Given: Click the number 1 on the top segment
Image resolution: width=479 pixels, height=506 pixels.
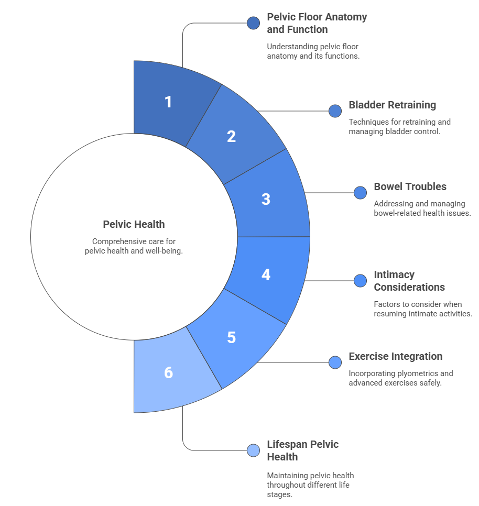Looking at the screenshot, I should tap(168, 102).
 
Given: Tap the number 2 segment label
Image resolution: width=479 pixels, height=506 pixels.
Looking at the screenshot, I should tap(231, 136).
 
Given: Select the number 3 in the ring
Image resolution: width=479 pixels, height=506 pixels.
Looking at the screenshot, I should tap(266, 199).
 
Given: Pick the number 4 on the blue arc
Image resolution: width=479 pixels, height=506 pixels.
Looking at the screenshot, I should tap(266, 274).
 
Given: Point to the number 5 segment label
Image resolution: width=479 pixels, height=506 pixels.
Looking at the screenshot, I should tap(231, 337).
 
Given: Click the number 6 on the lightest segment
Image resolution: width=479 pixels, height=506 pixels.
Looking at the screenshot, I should tap(168, 372).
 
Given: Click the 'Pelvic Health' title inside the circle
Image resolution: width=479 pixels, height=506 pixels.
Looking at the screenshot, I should tap(134, 224).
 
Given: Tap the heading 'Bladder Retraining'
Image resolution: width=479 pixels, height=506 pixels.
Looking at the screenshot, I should tap(392, 105).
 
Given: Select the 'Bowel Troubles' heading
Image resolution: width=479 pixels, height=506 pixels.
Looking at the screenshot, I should tap(410, 186).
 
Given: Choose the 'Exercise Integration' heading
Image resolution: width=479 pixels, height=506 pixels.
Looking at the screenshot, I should tap(395, 356).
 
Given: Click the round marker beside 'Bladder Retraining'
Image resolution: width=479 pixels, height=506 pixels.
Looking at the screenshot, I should tap(335, 111).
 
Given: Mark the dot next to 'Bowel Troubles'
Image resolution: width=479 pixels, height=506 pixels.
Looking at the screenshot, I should tap(360, 193).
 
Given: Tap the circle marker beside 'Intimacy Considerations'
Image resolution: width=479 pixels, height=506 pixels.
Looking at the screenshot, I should tap(360, 281).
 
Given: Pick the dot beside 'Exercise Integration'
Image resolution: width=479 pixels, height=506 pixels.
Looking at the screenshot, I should tap(335, 362).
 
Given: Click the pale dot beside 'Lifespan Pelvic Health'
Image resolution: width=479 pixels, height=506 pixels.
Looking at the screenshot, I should tap(253, 450).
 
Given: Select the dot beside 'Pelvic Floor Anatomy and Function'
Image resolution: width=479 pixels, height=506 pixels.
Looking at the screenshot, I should tap(253, 23).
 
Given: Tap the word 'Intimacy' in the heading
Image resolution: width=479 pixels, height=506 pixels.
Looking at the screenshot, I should tap(394, 274).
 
